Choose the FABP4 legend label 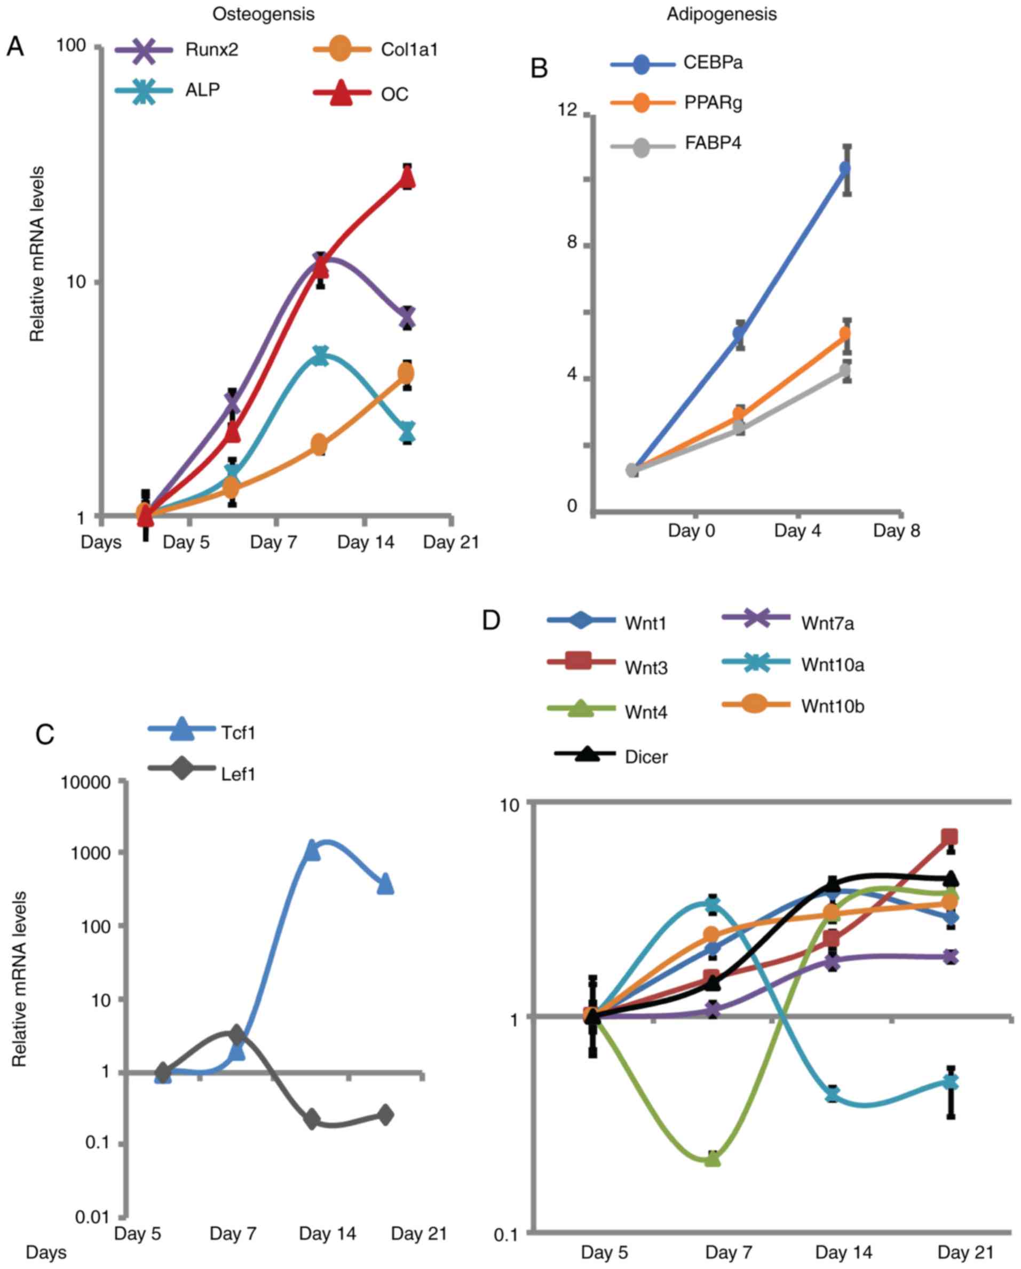(713, 143)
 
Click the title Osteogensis (263, 14)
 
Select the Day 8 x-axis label (896, 531)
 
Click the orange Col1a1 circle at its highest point (406, 373)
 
